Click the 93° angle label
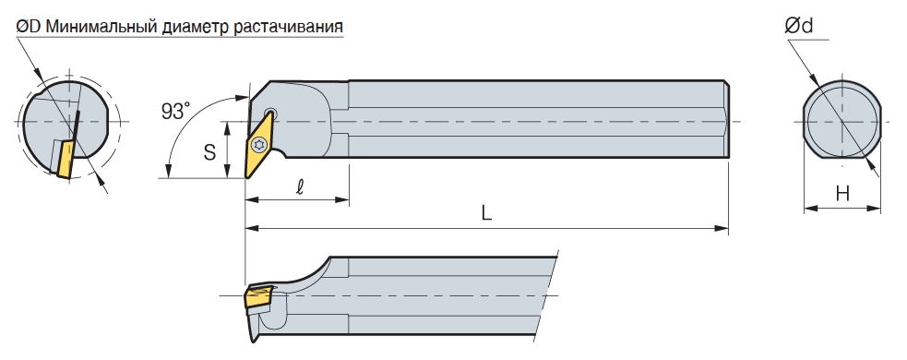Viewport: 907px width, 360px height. pos(175,111)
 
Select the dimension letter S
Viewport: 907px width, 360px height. pos(209,152)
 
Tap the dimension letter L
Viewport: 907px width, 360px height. pos(486,213)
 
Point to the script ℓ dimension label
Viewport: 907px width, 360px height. pos(300,187)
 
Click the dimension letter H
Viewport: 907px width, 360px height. pos(842,193)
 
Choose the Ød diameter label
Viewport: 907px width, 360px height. pos(798,26)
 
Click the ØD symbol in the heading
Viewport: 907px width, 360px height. pos(28,26)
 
